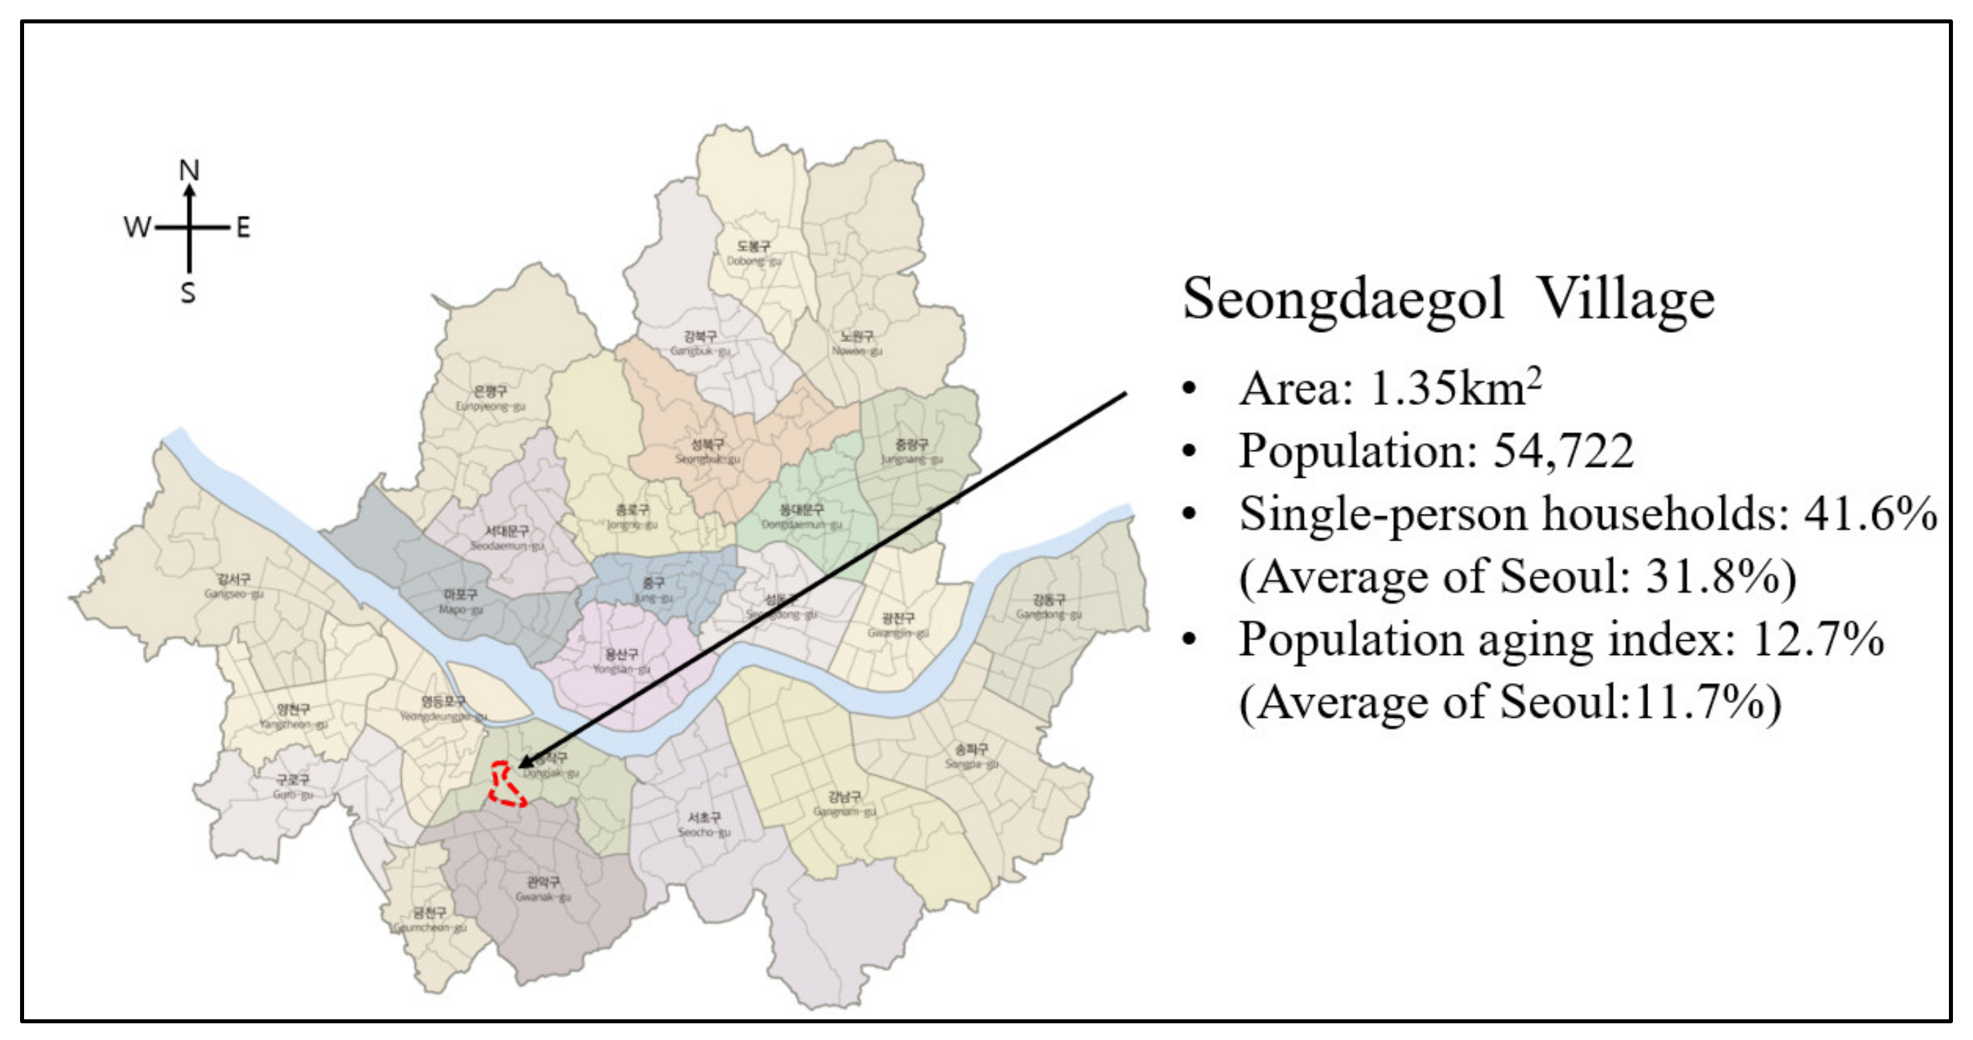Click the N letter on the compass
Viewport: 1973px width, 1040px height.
click(x=189, y=170)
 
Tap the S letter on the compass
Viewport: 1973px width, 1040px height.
click(x=188, y=293)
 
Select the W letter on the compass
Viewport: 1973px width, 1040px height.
click(x=137, y=227)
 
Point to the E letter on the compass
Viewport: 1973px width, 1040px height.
click(x=243, y=227)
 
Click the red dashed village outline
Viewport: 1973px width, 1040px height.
click(x=505, y=785)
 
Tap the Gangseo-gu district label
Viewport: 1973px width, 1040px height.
click(x=234, y=586)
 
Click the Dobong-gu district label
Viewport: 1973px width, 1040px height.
click(x=754, y=253)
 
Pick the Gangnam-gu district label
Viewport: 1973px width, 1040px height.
click(x=844, y=803)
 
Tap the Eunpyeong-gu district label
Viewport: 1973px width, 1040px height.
click(x=490, y=398)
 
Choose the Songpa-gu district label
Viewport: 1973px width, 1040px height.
click(x=971, y=756)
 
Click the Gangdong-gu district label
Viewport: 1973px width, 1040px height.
click(x=1049, y=606)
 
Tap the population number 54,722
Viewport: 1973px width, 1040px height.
click(x=1563, y=451)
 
